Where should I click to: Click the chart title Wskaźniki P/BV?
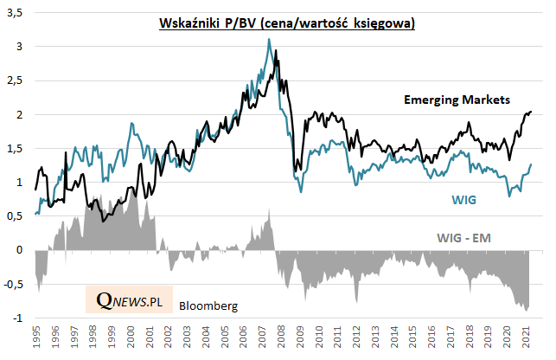point(286,23)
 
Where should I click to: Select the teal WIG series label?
point(464,200)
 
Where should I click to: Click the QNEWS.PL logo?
point(130,299)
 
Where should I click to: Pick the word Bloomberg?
point(208,305)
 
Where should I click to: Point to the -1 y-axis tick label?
point(20,318)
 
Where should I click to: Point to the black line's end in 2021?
point(531,112)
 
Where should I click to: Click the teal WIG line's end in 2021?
point(531,164)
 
